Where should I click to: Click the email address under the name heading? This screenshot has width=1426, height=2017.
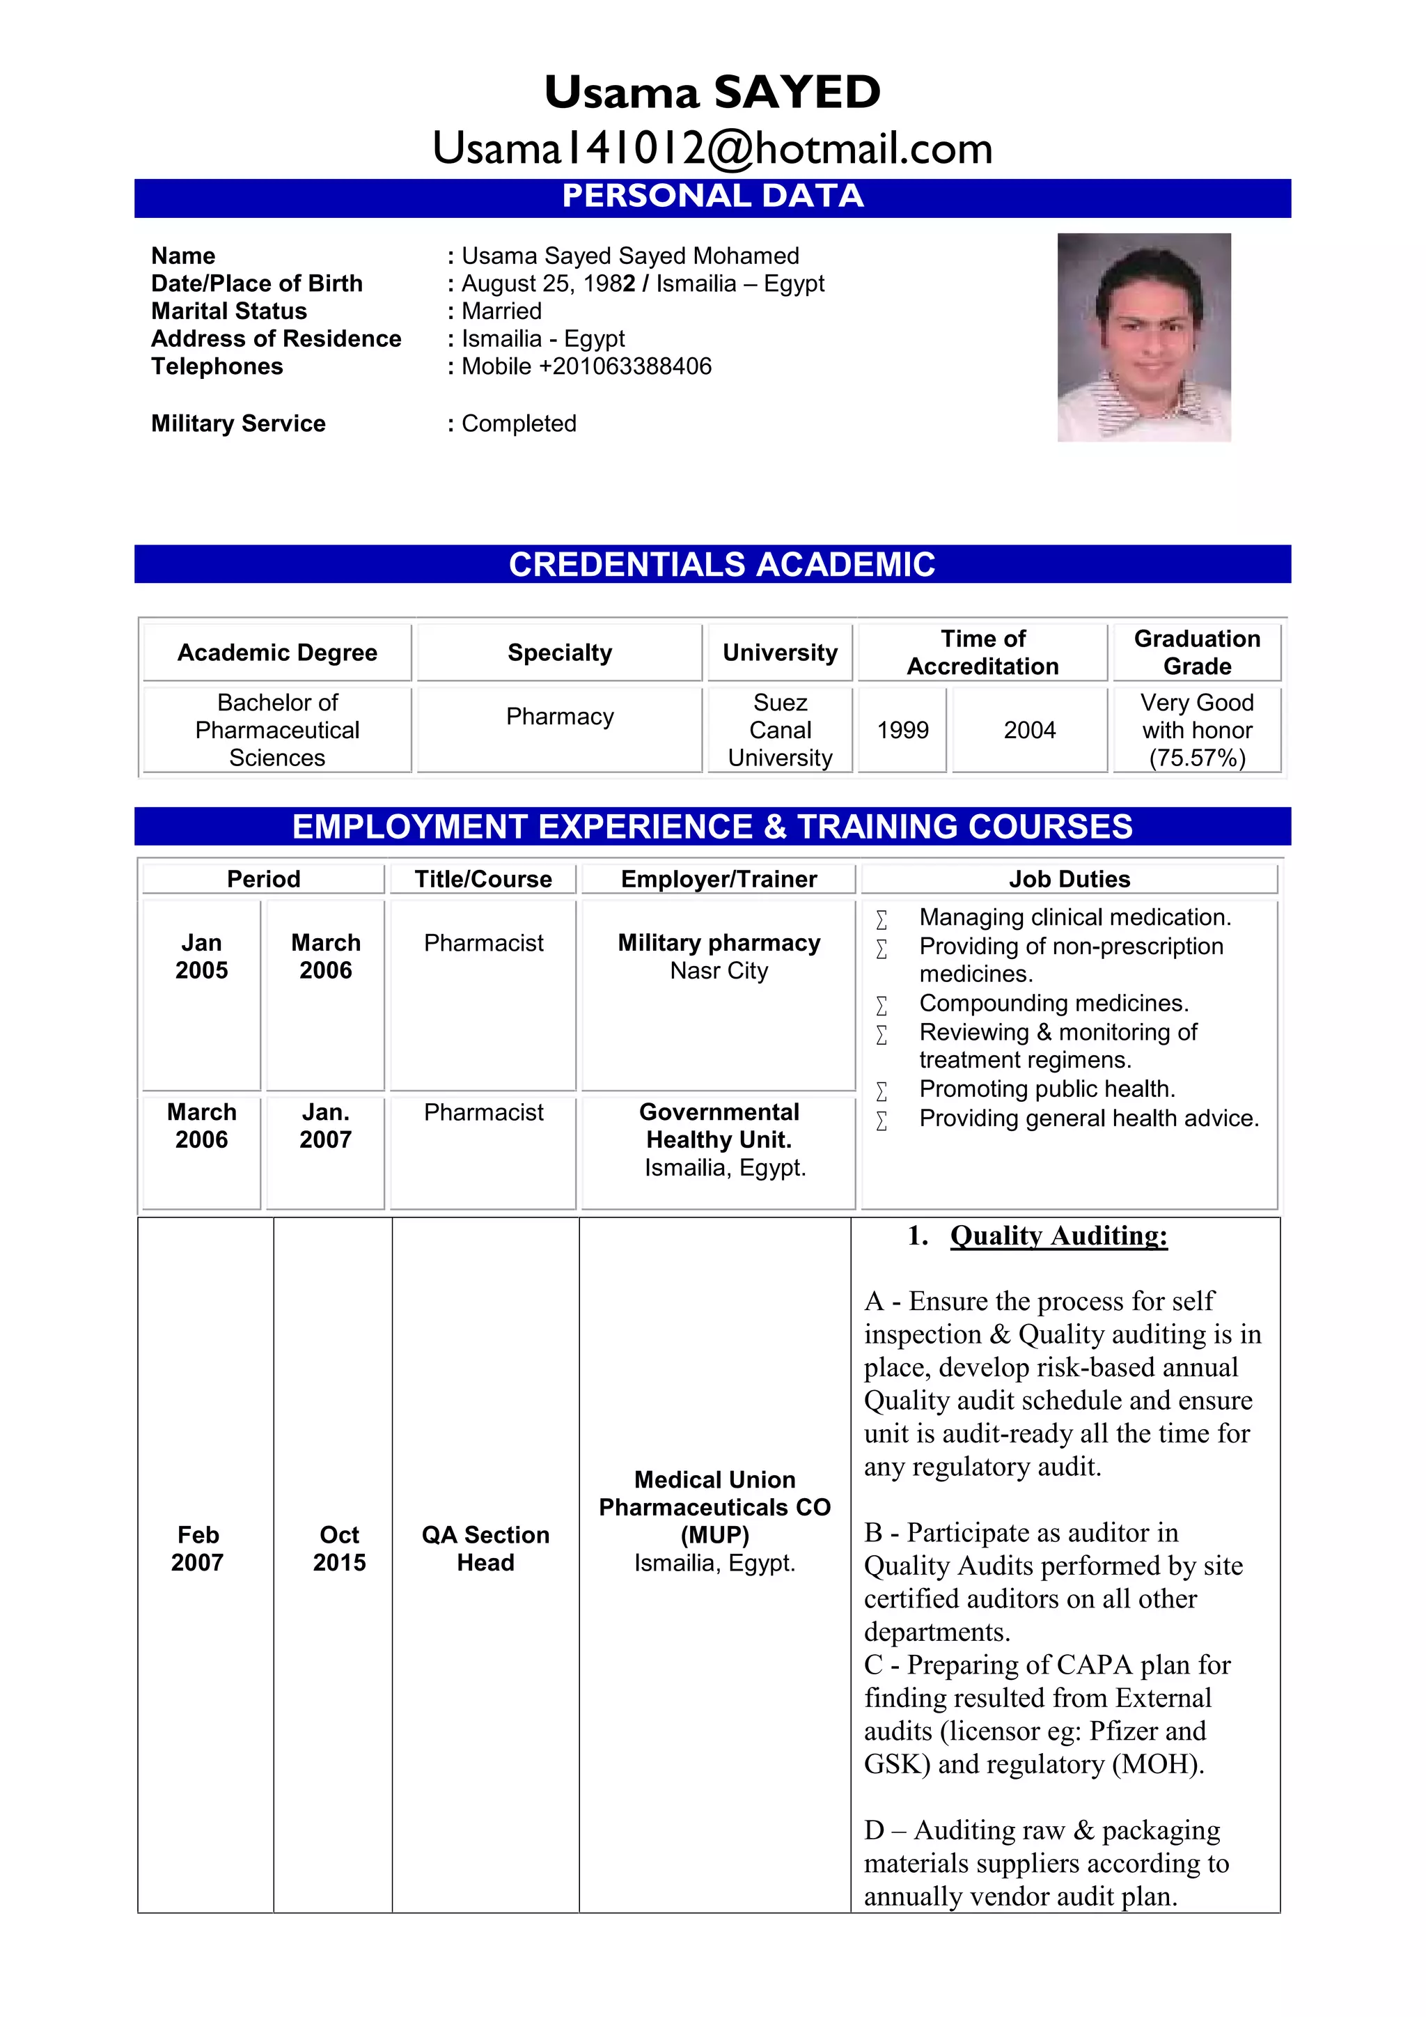pyautogui.click(x=712, y=148)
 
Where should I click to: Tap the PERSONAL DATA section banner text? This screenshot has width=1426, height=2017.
pyautogui.click(x=712, y=196)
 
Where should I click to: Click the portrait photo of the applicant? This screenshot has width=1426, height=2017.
pyautogui.click(x=1143, y=336)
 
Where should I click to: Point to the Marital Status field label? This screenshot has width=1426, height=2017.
pyautogui.click(x=229, y=311)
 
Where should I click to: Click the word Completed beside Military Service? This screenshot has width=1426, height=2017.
pyautogui.click(x=519, y=423)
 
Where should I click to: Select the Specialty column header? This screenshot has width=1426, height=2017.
pyautogui.click(x=559, y=653)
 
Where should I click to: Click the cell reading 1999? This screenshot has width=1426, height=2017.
pyautogui.click(x=902, y=730)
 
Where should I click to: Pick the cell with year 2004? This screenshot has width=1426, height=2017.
pyautogui.click(x=1029, y=730)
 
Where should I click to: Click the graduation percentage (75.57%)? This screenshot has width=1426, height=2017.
pyautogui.click(x=1197, y=758)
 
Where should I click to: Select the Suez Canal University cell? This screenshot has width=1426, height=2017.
pyautogui.click(x=780, y=730)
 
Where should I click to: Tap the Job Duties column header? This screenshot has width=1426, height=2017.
pyautogui.click(x=1069, y=880)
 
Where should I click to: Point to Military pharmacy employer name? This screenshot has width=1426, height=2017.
pyautogui.click(x=719, y=942)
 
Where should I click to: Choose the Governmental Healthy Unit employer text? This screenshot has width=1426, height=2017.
pyautogui.click(x=719, y=1126)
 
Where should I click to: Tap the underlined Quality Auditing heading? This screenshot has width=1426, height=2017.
pyautogui.click(x=1058, y=1236)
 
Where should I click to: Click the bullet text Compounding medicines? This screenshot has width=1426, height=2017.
pyautogui.click(x=1053, y=1003)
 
